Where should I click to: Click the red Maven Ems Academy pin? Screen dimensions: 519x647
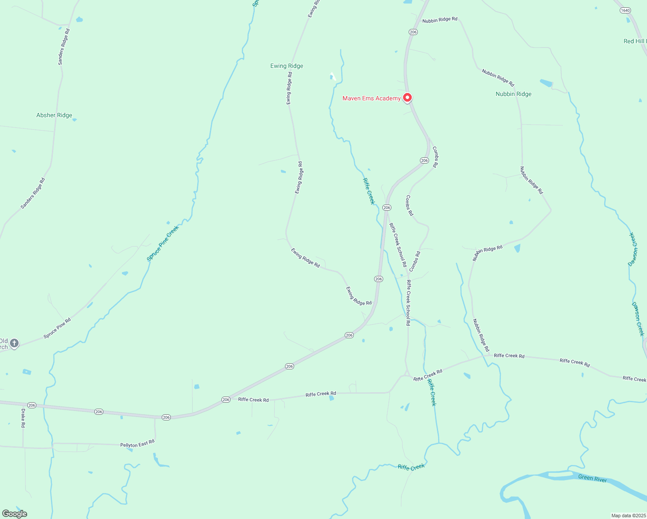click(407, 98)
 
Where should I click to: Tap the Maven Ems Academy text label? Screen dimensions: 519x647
click(372, 99)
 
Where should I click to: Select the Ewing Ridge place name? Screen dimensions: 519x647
click(287, 66)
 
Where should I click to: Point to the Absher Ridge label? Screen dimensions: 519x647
click(54, 115)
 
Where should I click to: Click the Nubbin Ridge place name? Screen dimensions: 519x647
click(513, 94)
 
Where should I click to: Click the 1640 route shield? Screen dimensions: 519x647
click(625, 10)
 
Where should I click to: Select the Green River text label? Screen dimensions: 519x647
click(593, 479)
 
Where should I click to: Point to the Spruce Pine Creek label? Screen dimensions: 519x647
click(163, 243)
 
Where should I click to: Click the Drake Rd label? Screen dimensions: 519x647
click(23, 418)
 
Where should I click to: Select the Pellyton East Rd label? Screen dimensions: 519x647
click(137, 444)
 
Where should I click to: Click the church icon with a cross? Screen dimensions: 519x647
click(14, 343)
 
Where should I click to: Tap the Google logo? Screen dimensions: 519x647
click(15, 514)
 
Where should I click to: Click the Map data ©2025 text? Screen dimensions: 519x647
click(628, 516)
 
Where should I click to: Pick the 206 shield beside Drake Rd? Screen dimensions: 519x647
click(32, 405)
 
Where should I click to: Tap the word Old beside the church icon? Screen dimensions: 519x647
click(3, 341)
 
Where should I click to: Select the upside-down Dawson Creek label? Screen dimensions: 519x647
click(633, 250)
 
